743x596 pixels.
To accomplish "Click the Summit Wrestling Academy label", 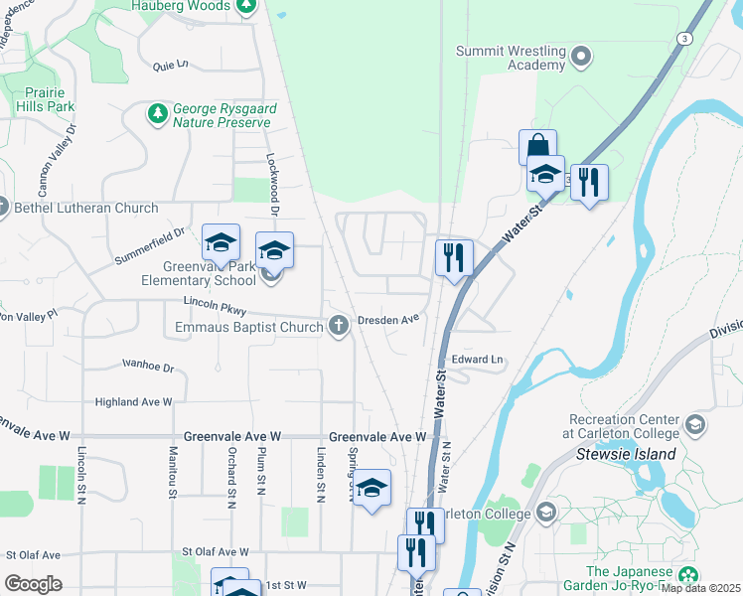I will click(x=511, y=58).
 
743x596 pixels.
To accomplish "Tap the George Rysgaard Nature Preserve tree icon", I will click(x=157, y=115).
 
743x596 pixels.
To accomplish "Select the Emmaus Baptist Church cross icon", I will click(x=338, y=325).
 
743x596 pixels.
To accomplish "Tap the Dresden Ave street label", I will click(x=389, y=320).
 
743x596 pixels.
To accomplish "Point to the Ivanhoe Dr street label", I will click(x=148, y=367).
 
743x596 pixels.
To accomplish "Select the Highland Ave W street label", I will click(x=133, y=402).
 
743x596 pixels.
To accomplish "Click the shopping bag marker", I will click(x=537, y=147).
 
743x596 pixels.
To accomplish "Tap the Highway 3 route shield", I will click(x=683, y=38).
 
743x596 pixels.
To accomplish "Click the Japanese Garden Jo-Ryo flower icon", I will click(x=687, y=575).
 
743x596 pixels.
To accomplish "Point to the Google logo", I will click(x=33, y=584).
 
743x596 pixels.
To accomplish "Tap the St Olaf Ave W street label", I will click(x=215, y=552).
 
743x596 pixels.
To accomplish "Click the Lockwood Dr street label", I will click(x=272, y=185).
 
